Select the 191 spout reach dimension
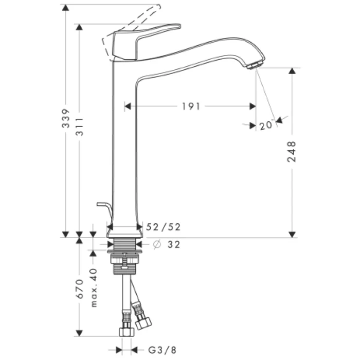pos(191,106)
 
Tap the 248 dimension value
pos(292,152)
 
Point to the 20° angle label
pos(265,125)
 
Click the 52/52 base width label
pos(164,227)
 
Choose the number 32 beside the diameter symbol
pos(173,245)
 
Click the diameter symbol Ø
pos(157,245)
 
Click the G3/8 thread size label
pos(161,350)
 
